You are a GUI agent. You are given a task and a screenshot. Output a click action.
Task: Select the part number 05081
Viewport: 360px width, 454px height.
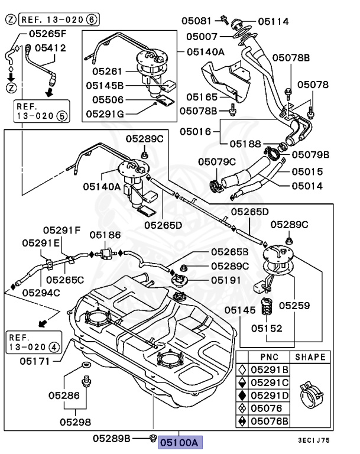197,21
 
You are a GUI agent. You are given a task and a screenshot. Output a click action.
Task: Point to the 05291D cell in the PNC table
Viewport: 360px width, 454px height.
269,395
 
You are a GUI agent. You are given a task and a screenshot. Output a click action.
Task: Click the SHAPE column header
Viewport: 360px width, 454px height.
310,357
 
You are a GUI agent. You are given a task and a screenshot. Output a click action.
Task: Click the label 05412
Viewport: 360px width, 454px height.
50,48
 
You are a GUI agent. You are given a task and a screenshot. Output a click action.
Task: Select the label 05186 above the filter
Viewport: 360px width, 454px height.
106,235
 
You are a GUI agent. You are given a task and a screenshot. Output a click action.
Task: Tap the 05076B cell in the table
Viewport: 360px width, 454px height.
269,421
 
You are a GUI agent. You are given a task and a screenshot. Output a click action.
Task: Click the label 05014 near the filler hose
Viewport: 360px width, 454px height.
307,186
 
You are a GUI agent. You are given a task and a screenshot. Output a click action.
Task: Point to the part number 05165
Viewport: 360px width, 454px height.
202,96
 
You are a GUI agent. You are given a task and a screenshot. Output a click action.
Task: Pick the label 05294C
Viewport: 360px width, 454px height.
41,291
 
